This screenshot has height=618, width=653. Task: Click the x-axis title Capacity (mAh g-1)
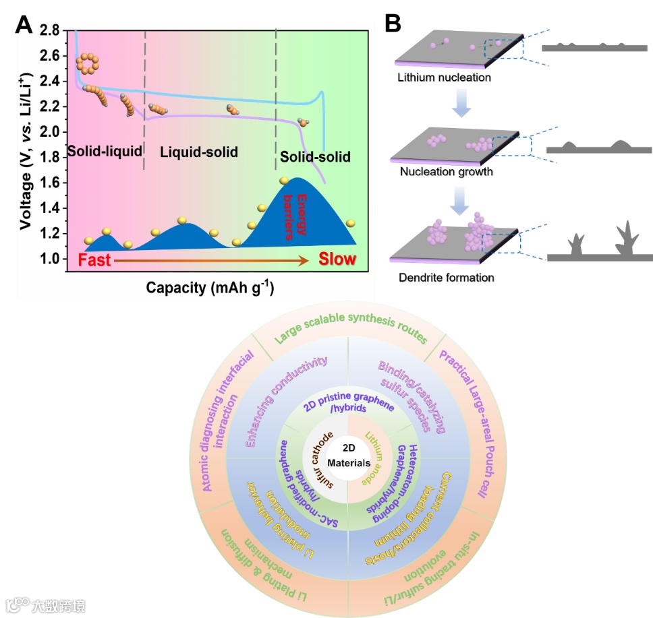(x=210, y=288)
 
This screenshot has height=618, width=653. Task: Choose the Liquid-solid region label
(x=199, y=152)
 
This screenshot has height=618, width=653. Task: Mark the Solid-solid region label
(x=316, y=158)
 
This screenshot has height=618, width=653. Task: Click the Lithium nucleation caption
(x=444, y=78)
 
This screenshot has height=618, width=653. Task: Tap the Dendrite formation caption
(x=446, y=277)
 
